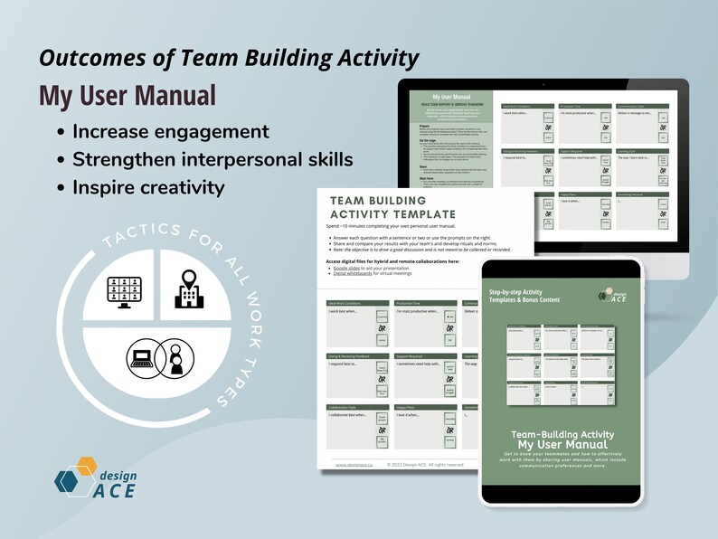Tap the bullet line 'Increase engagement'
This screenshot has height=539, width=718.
tap(170, 131)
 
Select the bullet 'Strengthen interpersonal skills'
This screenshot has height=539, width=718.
tap(213, 160)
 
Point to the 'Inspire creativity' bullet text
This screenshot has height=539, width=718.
tap(147, 188)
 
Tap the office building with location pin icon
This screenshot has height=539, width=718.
tap(188, 287)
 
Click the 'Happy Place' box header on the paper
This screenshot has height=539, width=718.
tap(408, 408)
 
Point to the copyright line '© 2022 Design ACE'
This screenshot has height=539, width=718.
tap(425, 465)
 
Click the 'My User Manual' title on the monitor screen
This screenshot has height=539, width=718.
tap(450, 95)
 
